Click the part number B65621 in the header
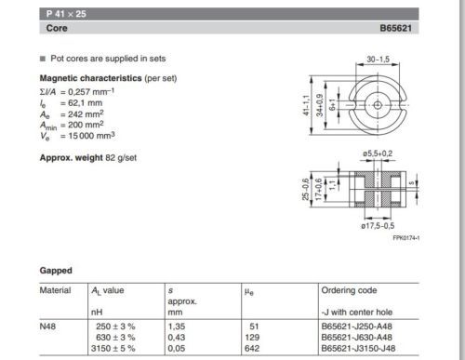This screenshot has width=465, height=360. [x=396, y=28]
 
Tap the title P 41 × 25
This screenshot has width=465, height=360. [x=66, y=14]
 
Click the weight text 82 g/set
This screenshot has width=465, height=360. [x=121, y=158]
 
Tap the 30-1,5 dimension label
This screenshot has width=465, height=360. [x=379, y=59]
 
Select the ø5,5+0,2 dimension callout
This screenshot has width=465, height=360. [x=378, y=153]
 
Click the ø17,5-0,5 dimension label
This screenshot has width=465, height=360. [x=378, y=226]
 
